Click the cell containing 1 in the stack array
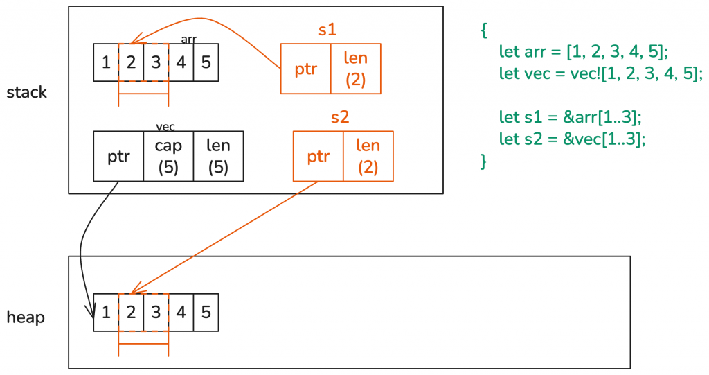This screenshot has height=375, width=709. pyautogui.click(x=106, y=62)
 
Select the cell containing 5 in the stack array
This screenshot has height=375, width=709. pyautogui.click(x=206, y=62)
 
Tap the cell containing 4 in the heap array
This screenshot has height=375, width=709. pyautogui.click(x=181, y=312)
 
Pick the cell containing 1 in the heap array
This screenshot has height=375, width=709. pyautogui.click(x=106, y=312)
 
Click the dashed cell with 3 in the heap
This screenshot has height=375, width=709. pyautogui.click(x=156, y=312)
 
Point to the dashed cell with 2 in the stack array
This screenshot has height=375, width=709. pyautogui.click(x=131, y=62)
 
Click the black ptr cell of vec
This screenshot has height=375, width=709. pyautogui.click(x=118, y=157)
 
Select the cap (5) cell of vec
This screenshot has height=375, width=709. pyautogui.click(x=168, y=157)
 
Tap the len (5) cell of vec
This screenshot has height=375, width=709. pyautogui.click(x=218, y=157)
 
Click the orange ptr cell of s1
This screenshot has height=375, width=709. pyautogui.click(x=305, y=69)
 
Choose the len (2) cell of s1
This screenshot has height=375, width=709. pyautogui.click(x=356, y=69)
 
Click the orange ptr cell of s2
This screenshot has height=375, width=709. pyautogui.click(x=318, y=157)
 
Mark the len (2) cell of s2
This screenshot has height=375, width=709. pyautogui.click(x=368, y=157)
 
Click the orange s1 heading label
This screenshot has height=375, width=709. pyautogui.click(x=327, y=30)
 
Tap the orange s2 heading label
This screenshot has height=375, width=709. pyautogui.click(x=339, y=117)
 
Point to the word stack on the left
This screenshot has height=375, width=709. pyautogui.click(x=26, y=92)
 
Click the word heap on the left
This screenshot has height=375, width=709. pyautogui.click(x=26, y=317)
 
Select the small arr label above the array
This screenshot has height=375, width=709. pyautogui.click(x=188, y=40)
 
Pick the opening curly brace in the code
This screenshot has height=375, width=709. pyautogui.click(x=484, y=30)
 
